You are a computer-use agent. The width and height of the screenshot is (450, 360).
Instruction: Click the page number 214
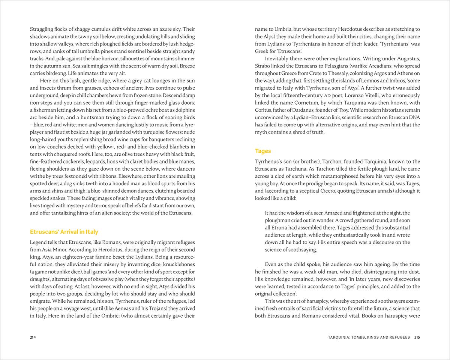pyautogui.click(x=33, y=337)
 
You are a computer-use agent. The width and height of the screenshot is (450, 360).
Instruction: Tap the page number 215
pyautogui.click(x=417, y=337)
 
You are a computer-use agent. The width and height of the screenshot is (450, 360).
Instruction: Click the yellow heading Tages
pyautogui.click(x=263, y=151)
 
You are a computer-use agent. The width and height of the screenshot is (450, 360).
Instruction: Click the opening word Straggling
pyautogui.click(x=43, y=29)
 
